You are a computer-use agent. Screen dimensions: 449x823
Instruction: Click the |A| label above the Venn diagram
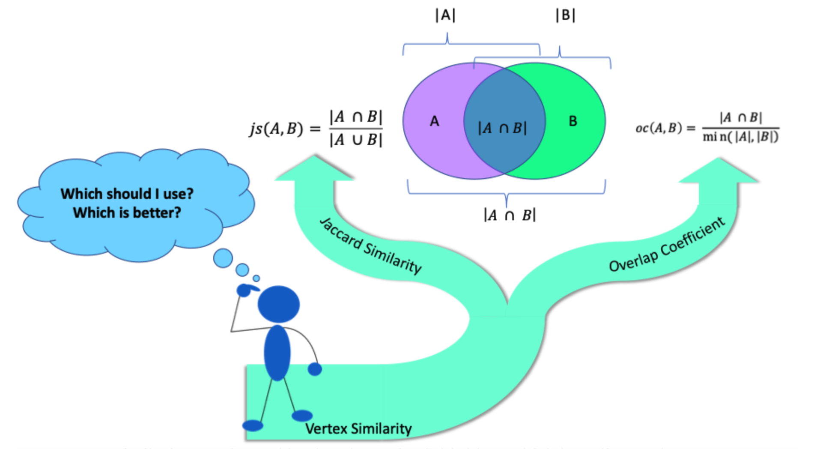tap(445, 15)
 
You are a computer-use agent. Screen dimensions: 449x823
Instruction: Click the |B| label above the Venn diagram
tap(565, 15)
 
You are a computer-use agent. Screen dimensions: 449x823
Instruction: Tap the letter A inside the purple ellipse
tap(435, 122)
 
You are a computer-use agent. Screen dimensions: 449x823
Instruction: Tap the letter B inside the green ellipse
tap(573, 122)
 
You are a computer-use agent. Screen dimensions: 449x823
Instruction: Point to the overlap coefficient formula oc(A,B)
tap(707, 128)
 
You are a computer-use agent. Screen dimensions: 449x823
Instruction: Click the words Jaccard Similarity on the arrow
tap(371, 245)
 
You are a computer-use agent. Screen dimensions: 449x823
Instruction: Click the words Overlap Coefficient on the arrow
tap(667, 245)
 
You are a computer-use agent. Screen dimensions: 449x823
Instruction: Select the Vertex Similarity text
tap(358, 428)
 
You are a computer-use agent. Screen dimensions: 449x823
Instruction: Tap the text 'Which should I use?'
tap(127, 194)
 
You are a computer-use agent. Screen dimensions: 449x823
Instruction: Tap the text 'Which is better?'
tap(127, 213)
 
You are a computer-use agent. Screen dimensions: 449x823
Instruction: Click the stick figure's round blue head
tap(278, 304)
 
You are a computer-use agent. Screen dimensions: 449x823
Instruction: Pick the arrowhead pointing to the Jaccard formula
tap(315, 169)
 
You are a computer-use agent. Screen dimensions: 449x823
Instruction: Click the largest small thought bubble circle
tap(223, 258)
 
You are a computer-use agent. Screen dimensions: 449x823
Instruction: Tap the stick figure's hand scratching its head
tap(245, 290)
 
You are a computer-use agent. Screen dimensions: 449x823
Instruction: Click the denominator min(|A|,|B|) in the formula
tap(740, 137)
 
